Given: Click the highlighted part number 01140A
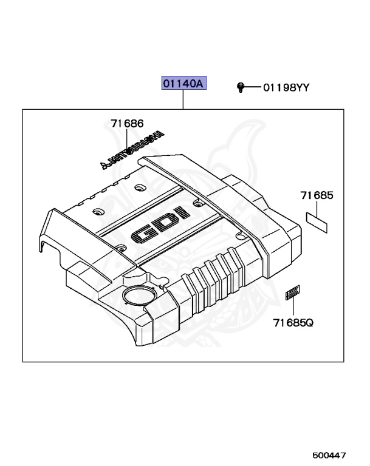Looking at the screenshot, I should (x=183, y=83).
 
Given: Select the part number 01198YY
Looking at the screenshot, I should (x=286, y=88).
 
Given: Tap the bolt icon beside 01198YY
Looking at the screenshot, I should (x=241, y=87).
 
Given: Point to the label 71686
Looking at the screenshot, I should (x=127, y=123).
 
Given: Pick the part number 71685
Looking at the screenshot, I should (x=316, y=195).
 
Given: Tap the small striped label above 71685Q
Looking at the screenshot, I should (x=292, y=293).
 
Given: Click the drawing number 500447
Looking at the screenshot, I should (x=331, y=454).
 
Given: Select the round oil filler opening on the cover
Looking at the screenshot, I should (x=135, y=297).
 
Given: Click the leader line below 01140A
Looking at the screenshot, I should (x=183, y=100).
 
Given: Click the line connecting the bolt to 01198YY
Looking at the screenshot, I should (x=252, y=88).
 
